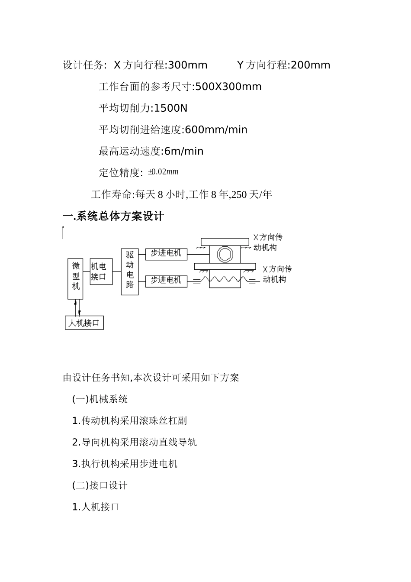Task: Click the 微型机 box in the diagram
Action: [75, 278]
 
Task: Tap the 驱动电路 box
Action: [130, 272]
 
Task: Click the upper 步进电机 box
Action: [166, 253]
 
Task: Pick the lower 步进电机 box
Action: [166, 281]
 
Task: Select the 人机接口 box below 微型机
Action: [84, 323]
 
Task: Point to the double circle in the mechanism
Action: [225, 254]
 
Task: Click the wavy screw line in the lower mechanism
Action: [225, 280]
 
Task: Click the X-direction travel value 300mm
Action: [187, 65]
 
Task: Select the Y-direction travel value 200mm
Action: [310, 65]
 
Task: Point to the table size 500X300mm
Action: [228, 87]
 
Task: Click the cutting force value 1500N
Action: [171, 108]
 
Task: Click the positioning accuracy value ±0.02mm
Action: [163, 172]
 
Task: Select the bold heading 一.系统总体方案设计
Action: [113, 216]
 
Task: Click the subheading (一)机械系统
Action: [100, 399]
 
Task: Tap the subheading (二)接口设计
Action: [100, 485]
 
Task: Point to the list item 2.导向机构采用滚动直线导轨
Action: [135, 442]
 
